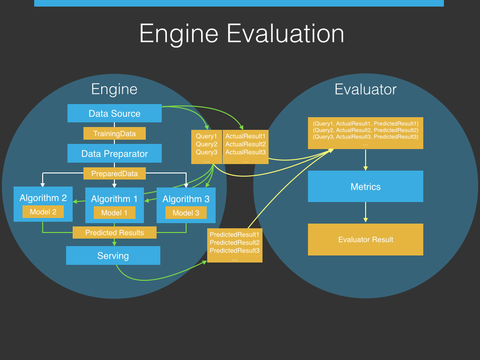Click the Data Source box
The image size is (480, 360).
tap(114, 113)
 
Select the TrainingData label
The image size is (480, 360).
tap(114, 134)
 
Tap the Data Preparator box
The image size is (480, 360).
tap(114, 154)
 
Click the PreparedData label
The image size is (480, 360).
tap(114, 174)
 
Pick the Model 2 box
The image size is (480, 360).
tap(43, 212)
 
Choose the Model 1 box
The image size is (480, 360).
tap(114, 213)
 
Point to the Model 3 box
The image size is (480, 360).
tap(186, 213)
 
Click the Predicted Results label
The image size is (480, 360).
tap(114, 232)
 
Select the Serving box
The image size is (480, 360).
tap(113, 255)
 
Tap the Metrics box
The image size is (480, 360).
tap(366, 187)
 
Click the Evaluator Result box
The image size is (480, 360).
tap(366, 240)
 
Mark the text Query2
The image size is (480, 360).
tap(207, 144)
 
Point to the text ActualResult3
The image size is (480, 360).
tap(246, 152)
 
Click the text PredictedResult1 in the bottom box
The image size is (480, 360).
tap(234, 234)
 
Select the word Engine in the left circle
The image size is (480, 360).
tap(114, 89)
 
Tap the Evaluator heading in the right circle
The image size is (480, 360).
tap(366, 89)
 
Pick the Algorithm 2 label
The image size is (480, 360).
tap(43, 198)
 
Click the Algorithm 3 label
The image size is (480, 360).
tap(186, 199)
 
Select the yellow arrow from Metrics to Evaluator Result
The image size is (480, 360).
tap(366, 213)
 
